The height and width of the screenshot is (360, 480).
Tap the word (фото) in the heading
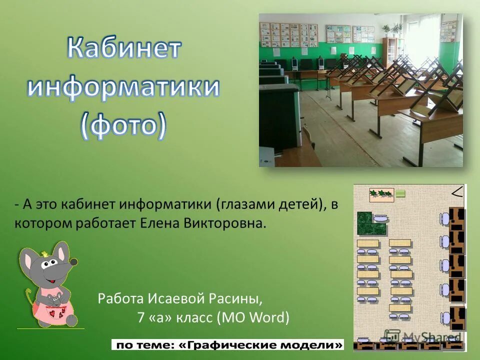(123, 124)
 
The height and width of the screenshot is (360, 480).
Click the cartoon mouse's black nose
(74, 261)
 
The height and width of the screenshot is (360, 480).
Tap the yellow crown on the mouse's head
(44, 253)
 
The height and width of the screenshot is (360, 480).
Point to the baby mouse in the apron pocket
(54, 299)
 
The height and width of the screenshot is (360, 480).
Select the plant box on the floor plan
(381, 194)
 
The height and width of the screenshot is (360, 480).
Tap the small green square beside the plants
(400, 193)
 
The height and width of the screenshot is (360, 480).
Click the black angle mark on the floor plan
(457, 192)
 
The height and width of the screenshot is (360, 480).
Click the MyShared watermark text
(431, 337)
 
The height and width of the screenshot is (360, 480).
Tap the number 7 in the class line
(141, 317)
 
